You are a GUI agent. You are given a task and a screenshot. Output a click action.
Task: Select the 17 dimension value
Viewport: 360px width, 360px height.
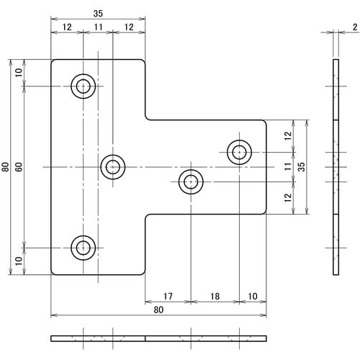[167, 296]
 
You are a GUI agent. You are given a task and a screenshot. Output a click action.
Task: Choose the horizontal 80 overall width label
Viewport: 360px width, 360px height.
[158, 310]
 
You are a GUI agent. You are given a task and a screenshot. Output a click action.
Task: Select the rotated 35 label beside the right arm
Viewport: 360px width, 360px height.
[302, 166]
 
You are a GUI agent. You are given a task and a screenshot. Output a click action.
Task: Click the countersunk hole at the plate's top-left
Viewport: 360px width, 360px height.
[84, 86]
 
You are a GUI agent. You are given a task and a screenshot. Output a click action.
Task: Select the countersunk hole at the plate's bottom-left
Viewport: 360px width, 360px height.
[84, 248]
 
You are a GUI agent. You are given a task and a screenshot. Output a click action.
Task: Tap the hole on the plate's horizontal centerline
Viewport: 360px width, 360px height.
[112, 167]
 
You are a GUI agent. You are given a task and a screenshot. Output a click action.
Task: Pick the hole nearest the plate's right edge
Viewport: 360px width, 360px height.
[239, 152]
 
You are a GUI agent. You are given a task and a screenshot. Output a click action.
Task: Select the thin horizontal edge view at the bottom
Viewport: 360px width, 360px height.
[158, 338]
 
